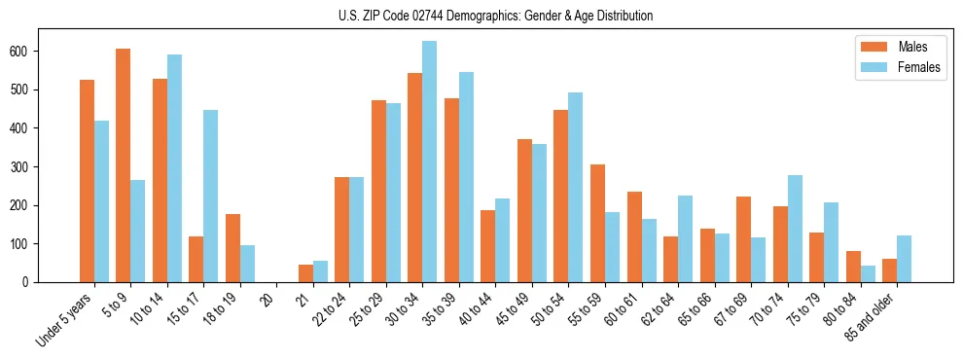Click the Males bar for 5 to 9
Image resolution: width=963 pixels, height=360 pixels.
point(124,165)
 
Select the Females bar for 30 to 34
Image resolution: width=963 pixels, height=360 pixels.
point(430,162)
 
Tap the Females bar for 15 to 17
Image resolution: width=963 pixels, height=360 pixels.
point(211,196)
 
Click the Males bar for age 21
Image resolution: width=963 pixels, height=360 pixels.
point(305,273)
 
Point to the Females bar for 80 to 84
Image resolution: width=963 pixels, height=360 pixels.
point(868,273)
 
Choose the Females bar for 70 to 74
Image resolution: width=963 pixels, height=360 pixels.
point(795,229)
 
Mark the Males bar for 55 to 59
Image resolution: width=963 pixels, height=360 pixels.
point(597,223)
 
